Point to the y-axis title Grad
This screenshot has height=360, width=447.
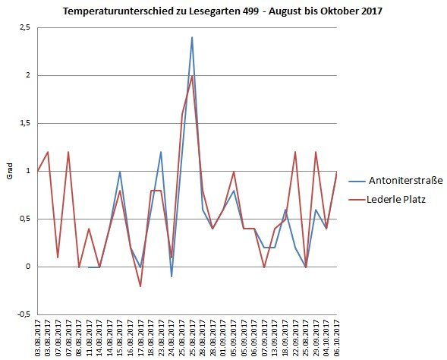(x=10, y=171)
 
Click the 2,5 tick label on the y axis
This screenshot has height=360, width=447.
(x=24, y=27)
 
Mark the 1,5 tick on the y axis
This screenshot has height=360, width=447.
(x=24, y=123)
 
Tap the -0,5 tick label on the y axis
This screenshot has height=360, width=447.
(x=24, y=314)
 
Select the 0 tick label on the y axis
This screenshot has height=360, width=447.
(x=28, y=267)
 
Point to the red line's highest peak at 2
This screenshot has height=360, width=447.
(x=192, y=76)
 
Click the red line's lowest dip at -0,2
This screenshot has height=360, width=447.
(x=140, y=286)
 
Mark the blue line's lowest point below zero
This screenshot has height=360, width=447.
(x=172, y=276)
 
